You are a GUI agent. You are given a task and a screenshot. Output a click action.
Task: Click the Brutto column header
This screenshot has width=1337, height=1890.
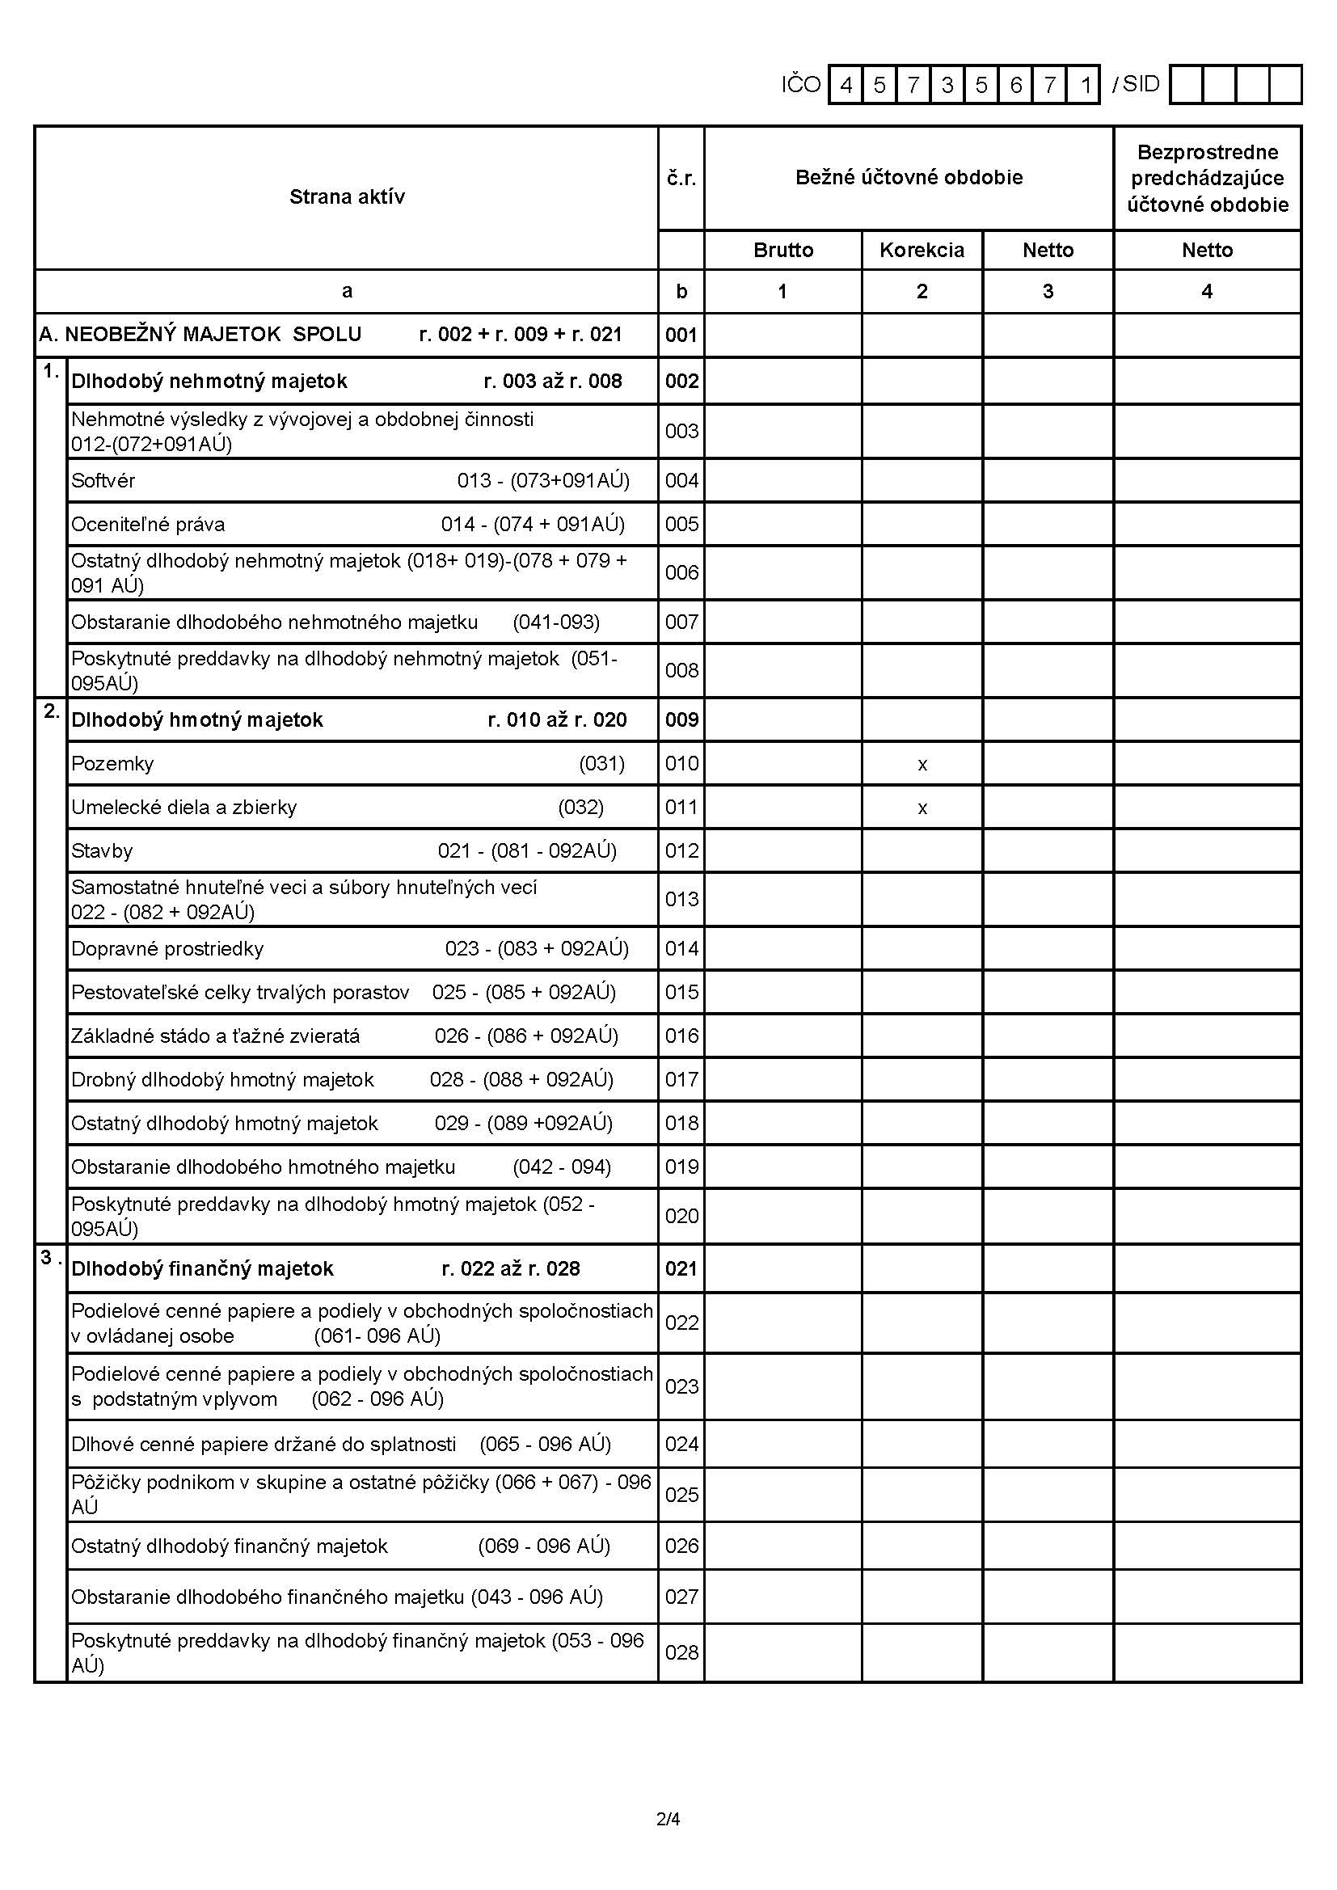[x=782, y=251]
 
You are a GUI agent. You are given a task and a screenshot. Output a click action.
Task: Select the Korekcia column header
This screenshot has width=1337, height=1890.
[x=922, y=251]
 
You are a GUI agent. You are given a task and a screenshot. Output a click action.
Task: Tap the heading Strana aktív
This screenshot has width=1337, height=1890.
[x=347, y=196]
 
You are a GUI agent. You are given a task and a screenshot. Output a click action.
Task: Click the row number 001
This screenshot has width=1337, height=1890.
[x=681, y=335]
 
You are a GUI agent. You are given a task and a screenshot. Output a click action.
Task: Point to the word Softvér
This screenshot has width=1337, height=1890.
[x=103, y=481]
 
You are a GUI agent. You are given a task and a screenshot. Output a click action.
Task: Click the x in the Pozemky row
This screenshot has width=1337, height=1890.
[x=922, y=765]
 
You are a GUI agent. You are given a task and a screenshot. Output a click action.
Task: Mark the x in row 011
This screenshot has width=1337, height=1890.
[x=922, y=808]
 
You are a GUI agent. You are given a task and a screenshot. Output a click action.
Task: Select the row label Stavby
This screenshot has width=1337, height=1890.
[x=101, y=851]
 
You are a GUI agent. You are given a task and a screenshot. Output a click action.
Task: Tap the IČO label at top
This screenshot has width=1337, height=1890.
[x=801, y=85]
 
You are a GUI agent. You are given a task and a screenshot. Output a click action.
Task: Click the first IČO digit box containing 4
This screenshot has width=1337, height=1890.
[x=846, y=85]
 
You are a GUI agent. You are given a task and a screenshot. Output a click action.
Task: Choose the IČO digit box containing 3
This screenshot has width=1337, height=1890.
[x=947, y=85]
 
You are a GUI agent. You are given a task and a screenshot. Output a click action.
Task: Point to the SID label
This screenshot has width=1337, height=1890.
[x=1141, y=84]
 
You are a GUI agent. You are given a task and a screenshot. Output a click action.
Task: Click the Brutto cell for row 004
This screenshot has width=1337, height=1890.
[x=782, y=481]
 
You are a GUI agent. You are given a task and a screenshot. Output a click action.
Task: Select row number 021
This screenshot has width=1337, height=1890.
[x=681, y=1268]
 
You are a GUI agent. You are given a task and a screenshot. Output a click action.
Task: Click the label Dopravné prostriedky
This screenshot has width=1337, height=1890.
[x=167, y=949]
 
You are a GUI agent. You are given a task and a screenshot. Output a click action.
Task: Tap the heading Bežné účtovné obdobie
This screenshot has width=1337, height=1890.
[x=908, y=178]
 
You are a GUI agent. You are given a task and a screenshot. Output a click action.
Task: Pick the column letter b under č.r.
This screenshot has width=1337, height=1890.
[x=681, y=291]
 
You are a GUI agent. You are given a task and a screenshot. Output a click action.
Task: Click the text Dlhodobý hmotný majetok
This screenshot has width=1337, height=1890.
[x=196, y=720]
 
